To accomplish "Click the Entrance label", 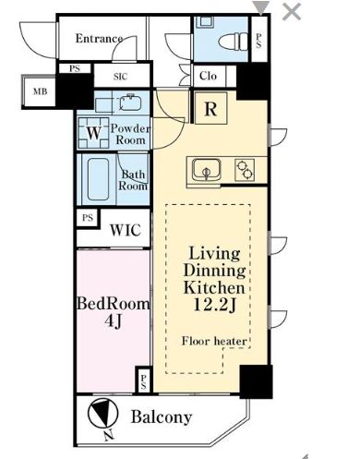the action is click(99, 39).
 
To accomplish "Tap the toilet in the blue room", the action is click(233, 41).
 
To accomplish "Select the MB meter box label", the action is click(41, 91).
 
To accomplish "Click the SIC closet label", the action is click(120, 77).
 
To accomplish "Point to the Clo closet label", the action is click(208, 76).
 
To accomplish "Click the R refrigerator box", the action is click(210, 108).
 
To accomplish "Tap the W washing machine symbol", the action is click(94, 133).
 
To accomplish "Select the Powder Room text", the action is click(130, 134).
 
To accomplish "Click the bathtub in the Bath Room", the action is click(98, 179).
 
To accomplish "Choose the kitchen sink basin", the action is click(207, 170).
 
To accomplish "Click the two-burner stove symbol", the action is click(245, 170).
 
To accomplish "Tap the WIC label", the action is click(126, 230).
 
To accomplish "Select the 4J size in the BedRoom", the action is click(114, 321).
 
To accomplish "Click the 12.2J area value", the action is click(214, 305).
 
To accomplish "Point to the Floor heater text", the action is click(214, 341).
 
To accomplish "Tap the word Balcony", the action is click(162, 417).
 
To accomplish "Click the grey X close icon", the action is click(292, 12).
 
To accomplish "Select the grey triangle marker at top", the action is click(261, 8).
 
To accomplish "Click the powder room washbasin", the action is click(130, 103).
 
